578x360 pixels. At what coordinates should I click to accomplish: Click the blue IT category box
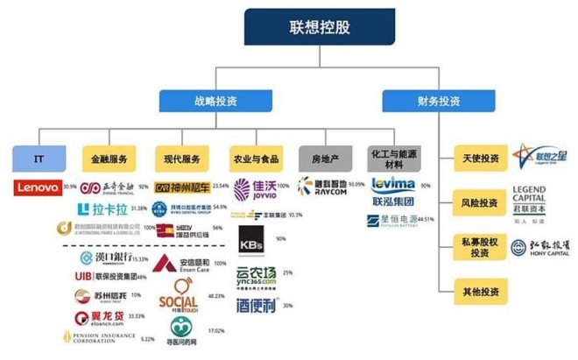pyautogui.click(x=39, y=160)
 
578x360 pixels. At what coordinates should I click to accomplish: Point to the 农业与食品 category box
pyautogui.click(x=255, y=160)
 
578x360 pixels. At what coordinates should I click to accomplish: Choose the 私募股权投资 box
pyautogui.click(x=480, y=246)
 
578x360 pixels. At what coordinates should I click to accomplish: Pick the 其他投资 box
pyautogui.click(x=480, y=289)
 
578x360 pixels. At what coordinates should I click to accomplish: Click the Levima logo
pyautogui.click(x=393, y=185)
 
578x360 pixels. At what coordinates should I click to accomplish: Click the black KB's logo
pyautogui.click(x=251, y=239)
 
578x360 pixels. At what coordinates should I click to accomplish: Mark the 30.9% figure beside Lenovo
pyautogui.click(x=71, y=187)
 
